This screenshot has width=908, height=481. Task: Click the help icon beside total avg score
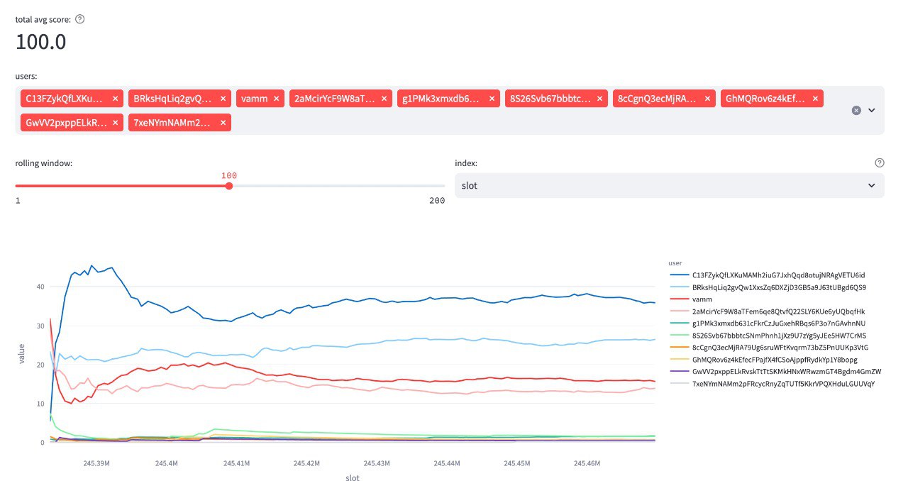click(80, 19)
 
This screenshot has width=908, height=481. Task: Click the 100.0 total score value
click(41, 42)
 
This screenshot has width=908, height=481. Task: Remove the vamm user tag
click(276, 99)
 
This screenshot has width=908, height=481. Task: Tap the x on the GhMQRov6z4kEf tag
click(815, 99)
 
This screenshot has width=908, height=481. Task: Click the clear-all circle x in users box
click(856, 110)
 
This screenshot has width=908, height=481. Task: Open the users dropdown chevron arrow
click(872, 110)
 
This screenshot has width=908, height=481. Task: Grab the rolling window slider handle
click(228, 186)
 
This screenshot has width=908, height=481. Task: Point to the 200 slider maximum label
click(437, 201)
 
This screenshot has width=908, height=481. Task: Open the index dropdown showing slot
click(669, 185)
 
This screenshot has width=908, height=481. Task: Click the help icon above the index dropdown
click(880, 162)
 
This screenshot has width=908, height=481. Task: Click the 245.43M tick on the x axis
click(377, 463)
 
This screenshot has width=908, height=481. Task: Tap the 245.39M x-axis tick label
click(96, 463)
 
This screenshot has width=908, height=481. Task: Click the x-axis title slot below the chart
click(353, 477)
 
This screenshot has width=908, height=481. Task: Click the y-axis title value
click(22, 353)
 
